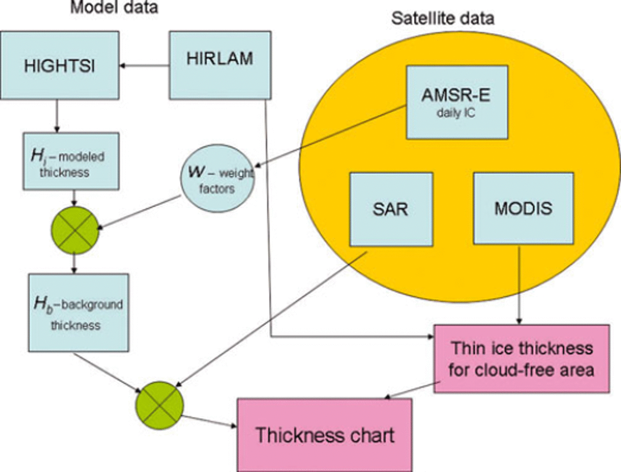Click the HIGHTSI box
pos(59,65)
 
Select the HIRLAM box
pos(220,65)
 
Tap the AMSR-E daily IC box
pos(457,102)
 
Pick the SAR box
pos(391,209)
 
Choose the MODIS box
pos(523,208)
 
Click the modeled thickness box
pos(71,161)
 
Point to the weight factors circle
pos(217,178)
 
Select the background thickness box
pos(79,313)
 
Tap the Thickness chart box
pos(325,435)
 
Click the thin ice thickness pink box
pos(521,359)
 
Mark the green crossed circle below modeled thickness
pos(74,230)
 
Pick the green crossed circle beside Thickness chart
pos(159,405)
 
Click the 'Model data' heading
pos(114,8)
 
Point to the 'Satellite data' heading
pos(442,18)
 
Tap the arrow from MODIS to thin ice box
pos(519,284)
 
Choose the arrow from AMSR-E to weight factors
pos(330,137)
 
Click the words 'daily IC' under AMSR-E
pos(456,113)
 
